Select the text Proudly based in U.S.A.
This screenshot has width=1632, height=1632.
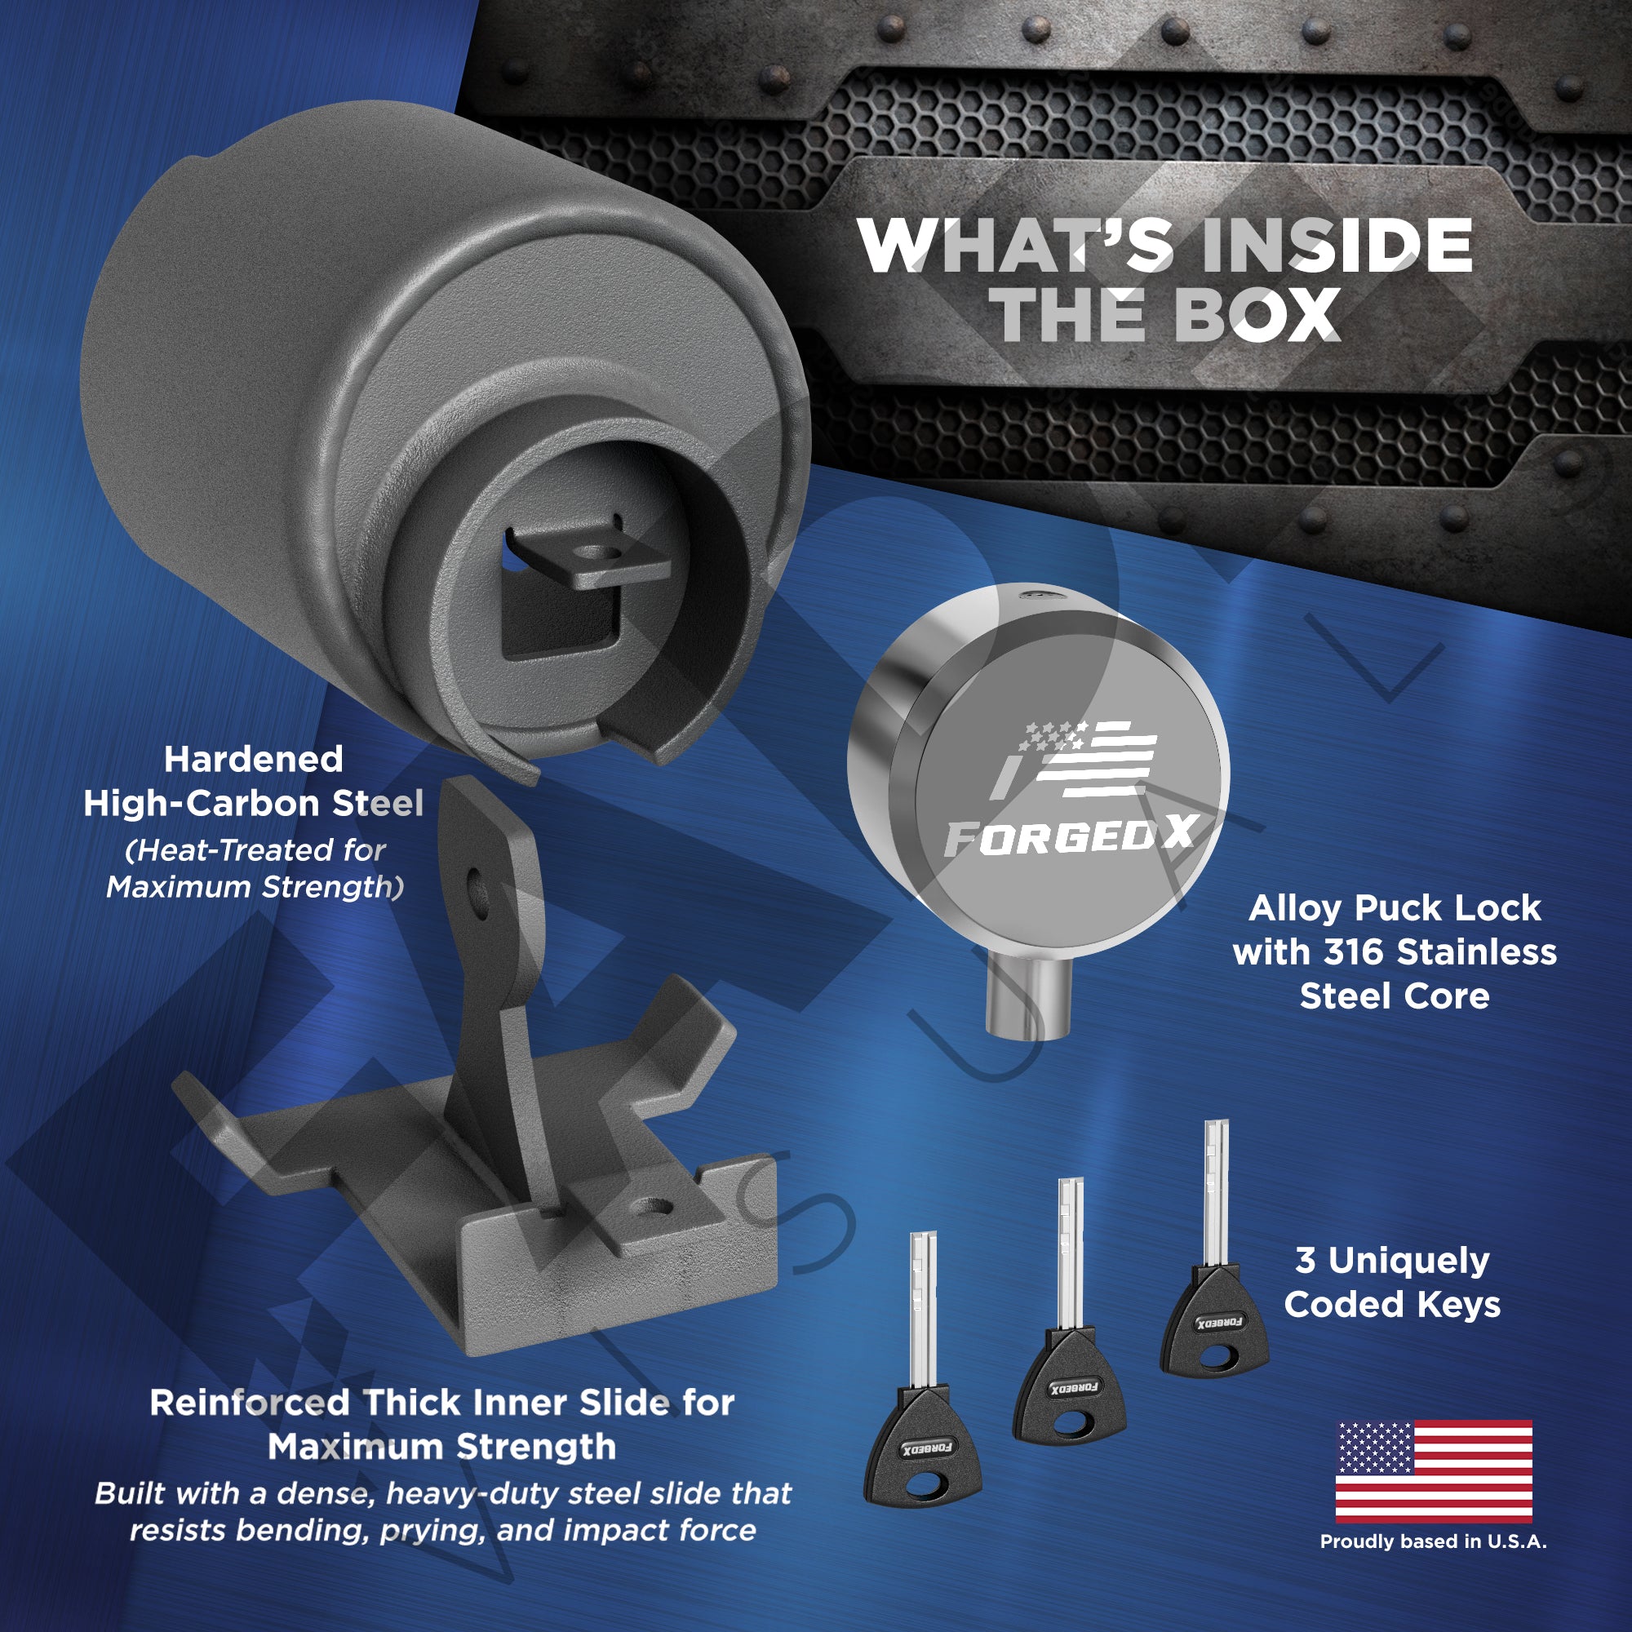pos(1434,1541)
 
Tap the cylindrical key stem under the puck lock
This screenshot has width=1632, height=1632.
pos(1029,1000)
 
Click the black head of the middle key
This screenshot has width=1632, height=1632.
pos(1069,1387)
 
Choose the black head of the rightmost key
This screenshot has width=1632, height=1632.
pos(1215,1322)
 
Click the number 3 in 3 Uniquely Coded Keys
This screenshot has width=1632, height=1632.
pos(1306,1261)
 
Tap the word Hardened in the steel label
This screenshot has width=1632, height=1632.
pos(254,760)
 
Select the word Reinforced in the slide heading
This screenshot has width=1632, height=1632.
pos(249,1403)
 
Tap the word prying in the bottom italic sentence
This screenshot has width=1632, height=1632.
pos(432,1531)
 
